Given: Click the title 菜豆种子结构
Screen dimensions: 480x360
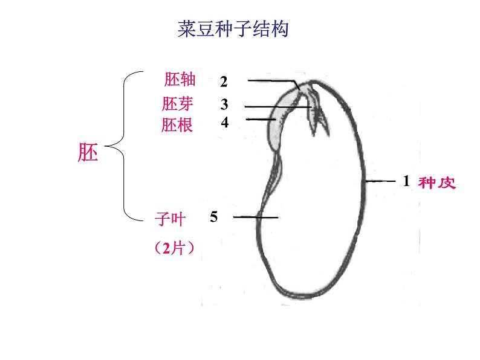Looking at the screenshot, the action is (233, 29).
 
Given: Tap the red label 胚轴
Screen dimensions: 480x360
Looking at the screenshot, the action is (180, 80).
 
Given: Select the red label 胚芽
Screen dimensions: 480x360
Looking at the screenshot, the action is (178, 103).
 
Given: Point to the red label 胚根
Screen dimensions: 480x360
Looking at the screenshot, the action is (177, 125).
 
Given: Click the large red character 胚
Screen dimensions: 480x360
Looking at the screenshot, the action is (88, 152).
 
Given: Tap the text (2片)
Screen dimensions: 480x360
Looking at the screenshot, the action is (174, 248).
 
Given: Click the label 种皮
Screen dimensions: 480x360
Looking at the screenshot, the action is (437, 182).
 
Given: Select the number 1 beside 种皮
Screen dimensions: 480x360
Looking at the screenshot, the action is (406, 181).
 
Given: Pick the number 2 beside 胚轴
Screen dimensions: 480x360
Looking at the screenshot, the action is (224, 82).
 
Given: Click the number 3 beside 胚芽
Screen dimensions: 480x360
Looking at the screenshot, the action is (224, 104).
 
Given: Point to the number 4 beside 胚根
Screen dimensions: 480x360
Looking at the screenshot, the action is (224, 122).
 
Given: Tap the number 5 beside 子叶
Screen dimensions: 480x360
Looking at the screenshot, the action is (213, 216).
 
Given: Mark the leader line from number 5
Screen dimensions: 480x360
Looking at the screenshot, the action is (255, 217).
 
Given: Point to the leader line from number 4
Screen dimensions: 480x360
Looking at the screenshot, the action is (260, 120).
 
